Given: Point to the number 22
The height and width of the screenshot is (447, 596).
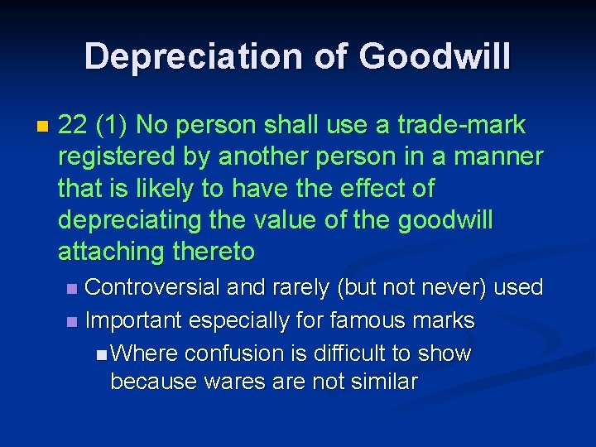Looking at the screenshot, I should point(74,125).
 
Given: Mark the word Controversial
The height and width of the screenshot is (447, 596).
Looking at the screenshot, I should point(152,288).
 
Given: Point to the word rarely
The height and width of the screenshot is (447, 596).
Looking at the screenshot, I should point(299,288).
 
